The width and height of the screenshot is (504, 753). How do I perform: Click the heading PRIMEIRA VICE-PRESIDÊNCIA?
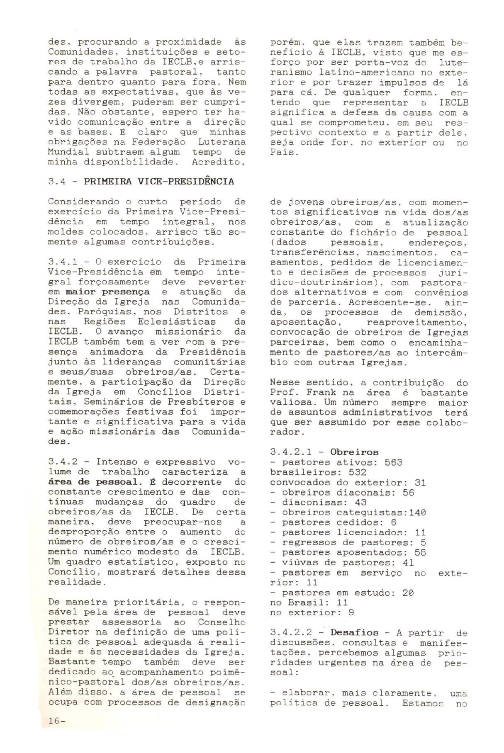point(159,181)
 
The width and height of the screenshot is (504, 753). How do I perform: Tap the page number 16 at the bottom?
point(54,732)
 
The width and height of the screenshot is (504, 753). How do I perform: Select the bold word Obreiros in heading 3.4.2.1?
point(354,452)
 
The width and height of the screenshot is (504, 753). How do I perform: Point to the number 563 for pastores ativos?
point(393,462)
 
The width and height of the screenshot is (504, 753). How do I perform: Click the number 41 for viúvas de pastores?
point(409,563)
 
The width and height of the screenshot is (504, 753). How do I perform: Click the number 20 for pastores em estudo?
point(409,593)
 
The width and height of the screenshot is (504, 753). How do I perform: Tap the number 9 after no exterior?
point(351,612)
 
